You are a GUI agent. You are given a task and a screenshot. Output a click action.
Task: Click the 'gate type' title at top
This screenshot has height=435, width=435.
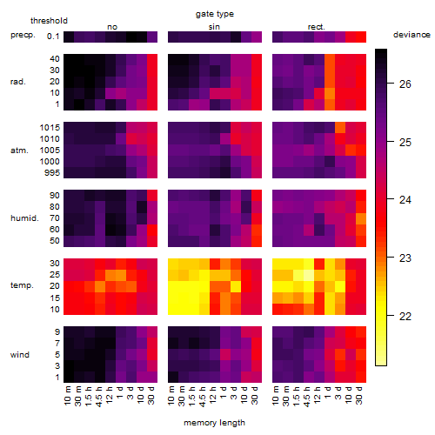pyautogui.click(x=215, y=14)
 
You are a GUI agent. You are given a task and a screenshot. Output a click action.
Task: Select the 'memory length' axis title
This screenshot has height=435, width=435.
pyautogui.click(x=214, y=423)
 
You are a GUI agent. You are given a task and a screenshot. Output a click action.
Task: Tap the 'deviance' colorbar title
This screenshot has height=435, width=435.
pyautogui.click(x=412, y=35)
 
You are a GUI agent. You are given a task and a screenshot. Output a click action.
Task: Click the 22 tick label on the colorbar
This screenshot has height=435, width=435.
pyautogui.click(x=405, y=317)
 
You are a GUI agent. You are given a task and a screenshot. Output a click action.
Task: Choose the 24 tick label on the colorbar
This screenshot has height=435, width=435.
pyautogui.click(x=405, y=200)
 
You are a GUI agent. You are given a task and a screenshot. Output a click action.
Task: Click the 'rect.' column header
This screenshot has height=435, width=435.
pyautogui.click(x=317, y=27)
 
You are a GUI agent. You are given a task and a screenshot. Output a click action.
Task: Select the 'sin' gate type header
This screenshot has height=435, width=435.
pyautogui.click(x=214, y=27)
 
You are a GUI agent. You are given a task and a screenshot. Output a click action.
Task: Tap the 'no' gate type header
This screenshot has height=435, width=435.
pyautogui.click(x=112, y=27)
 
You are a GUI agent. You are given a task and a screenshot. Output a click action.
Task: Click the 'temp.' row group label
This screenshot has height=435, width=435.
pyautogui.click(x=22, y=285)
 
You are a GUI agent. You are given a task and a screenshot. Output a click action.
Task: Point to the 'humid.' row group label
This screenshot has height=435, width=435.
pyautogui.click(x=24, y=218)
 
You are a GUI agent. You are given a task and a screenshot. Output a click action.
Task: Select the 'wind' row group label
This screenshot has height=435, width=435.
pyautogui.click(x=20, y=355)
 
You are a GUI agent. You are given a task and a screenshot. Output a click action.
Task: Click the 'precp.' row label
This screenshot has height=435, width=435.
pyautogui.click(x=23, y=35)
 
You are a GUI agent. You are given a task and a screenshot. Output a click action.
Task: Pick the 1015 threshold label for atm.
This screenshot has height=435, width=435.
pyautogui.click(x=50, y=128)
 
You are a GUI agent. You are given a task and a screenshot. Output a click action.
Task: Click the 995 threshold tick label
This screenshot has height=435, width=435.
pyautogui.click(x=52, y=173)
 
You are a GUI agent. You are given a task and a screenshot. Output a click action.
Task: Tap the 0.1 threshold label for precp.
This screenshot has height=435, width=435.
pyautogui.click(x=53, y=37)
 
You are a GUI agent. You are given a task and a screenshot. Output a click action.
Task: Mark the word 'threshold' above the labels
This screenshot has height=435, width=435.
pyautogui.click(x=49, y=21)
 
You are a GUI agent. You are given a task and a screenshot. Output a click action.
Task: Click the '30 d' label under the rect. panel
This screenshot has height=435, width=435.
pyautogui.click(x=359, y=395)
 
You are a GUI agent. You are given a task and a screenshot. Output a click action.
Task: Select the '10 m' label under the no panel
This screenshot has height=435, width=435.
pyautogui.click(x=67, y=395)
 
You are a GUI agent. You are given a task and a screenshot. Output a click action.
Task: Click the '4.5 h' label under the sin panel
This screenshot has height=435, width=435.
pyautogui.click(x=203, y=396)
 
